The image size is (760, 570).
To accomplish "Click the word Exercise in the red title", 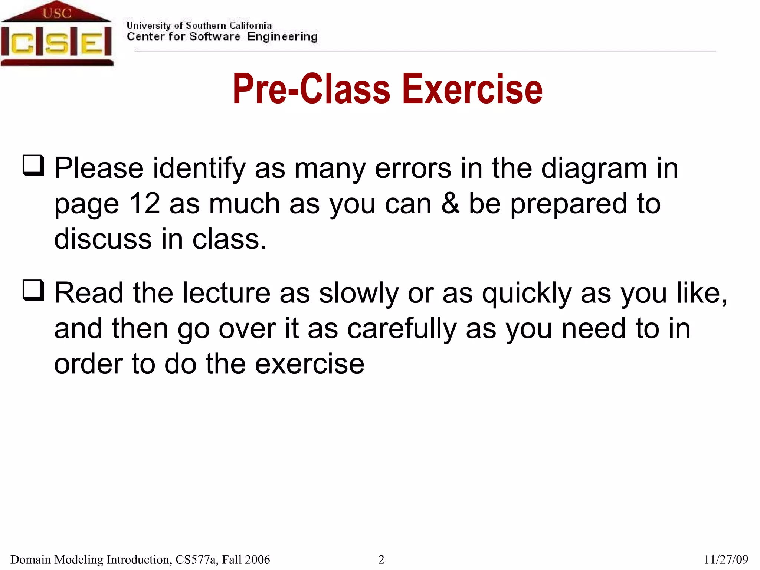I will [472, 89].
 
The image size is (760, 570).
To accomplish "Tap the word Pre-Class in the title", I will [311, 89].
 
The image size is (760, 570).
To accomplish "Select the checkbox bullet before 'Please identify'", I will [33, 166].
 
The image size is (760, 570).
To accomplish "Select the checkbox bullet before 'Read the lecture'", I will [33, 290].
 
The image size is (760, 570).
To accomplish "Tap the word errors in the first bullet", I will [413, 168].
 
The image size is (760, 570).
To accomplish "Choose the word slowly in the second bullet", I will [358, 293].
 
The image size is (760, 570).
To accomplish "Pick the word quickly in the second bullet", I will [527, 293].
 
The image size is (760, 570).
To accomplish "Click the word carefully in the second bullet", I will [402, 329].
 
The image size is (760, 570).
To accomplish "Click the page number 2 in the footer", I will [381, 559].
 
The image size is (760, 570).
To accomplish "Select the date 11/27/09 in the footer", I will [726, 559].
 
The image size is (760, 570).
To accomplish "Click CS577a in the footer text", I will [196, 559].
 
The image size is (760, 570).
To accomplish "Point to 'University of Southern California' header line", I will [199, 26].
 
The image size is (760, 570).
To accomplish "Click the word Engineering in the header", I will [282, 37].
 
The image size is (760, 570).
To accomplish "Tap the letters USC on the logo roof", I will [56, 13].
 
